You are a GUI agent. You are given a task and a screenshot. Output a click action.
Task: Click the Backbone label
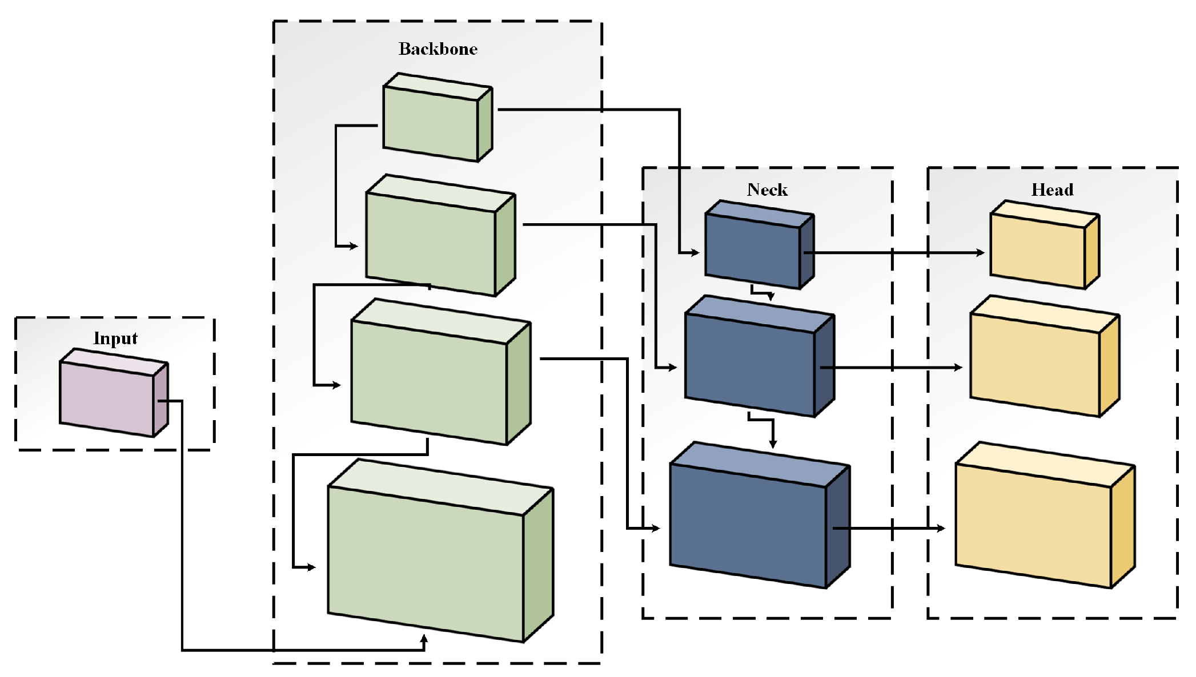tap(438, 49)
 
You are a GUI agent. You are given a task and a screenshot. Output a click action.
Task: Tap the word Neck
tap(767, 190)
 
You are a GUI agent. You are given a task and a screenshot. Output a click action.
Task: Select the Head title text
tap(1052, 190)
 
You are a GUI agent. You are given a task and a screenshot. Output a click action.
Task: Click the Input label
tap(115, 338)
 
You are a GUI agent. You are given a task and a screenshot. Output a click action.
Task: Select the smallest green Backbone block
tap(431, 123)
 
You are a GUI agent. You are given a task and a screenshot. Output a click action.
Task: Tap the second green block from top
tap(432, 242)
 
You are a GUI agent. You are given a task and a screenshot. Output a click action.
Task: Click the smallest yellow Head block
tap(1037, 251)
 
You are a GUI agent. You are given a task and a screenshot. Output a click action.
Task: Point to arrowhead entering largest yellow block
tap(941, 528)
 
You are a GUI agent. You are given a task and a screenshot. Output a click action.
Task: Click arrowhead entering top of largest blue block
tap(773, 444)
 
